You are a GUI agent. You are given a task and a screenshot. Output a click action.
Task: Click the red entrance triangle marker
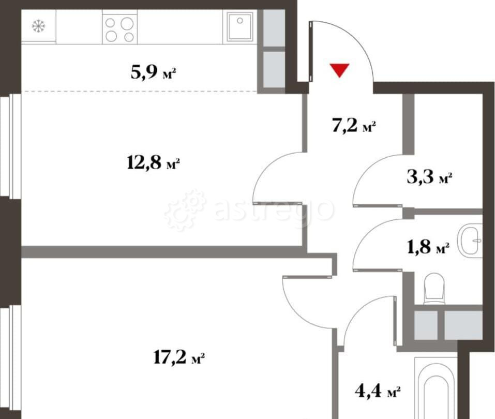(340, 70)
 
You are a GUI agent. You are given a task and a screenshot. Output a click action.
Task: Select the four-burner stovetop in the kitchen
(119, 29)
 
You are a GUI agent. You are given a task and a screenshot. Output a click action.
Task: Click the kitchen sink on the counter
(238, 26)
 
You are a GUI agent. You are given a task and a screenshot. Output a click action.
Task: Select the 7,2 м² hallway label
(353, 125)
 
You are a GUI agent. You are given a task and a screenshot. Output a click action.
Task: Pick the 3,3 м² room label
(429, 178)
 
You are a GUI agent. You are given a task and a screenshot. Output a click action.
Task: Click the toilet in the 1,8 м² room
(434, 290)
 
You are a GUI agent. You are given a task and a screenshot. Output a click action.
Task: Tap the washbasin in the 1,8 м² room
(472, 240)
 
